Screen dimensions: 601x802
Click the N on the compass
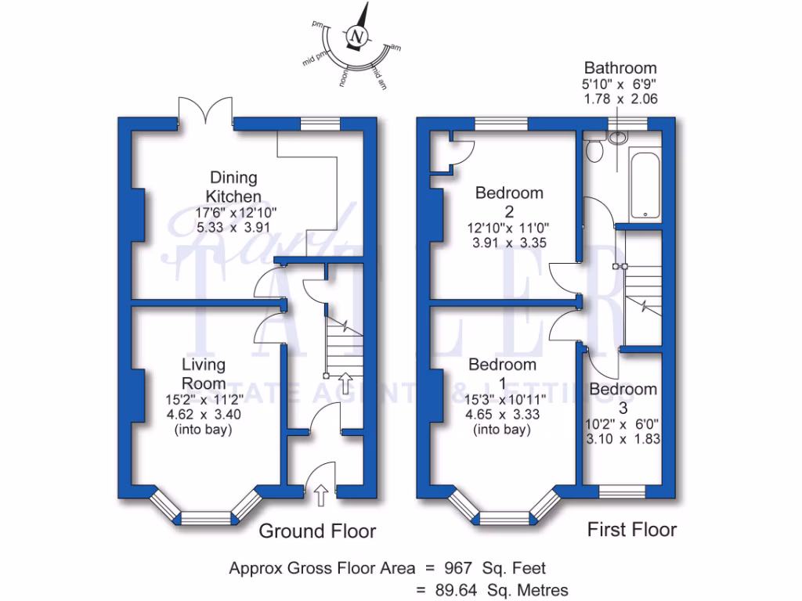pyautogui.click(x=358, y=37)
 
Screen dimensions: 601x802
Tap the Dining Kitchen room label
pyautogui.click(x=233, y=187)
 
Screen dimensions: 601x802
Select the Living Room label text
pyautogui.click(x=204, y=374)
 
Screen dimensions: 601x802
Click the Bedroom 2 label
pyautogui.click(x=509, y=202)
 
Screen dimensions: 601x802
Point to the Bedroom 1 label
pyautogui.click(x=502, y=373)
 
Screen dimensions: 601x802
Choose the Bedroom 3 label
pyautogui.click(x=623, y=398)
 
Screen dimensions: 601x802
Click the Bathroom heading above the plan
pyautogui.click(x=620, y=68)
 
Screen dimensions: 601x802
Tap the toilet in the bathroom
pyautogui.click(x=594, y=149)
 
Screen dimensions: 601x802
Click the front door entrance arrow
pyautogui.click(x=320, y=493)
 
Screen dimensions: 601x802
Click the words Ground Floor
pyautogui.click(x=317, y=531)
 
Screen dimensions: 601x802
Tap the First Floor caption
pyautogui.click(x=632, y=530)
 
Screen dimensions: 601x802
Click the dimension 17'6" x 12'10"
pyautogui.click(x=233, y=212)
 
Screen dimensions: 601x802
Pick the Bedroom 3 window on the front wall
pyautogui.click(x=623, y=491)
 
